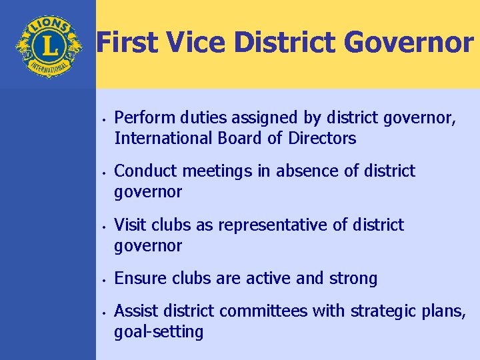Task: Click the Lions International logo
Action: point(47,46)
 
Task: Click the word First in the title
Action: point(126,43)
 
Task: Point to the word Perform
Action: point(141,119)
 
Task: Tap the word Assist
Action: point(135,311)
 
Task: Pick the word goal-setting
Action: point(159,331)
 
